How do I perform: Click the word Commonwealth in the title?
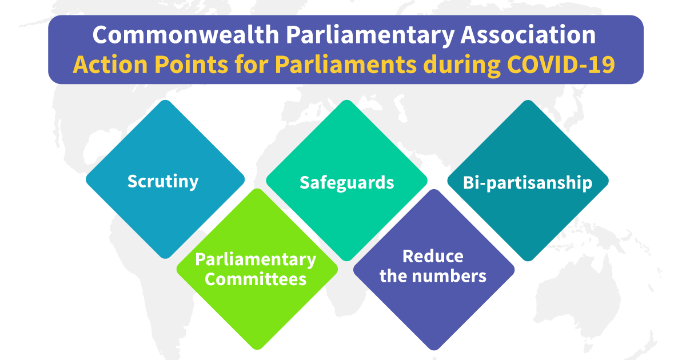[186, 35]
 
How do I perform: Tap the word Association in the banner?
[528, 35]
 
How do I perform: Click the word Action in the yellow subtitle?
[110, 65]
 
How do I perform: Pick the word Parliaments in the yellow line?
[346, 65]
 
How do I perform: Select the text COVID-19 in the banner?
[561, 65]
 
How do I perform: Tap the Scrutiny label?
[163, 182]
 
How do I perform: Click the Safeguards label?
[346, 183]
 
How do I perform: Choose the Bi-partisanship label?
[528, 183]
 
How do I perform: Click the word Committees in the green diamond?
[256, 279]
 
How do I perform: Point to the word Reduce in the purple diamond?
[433, 256]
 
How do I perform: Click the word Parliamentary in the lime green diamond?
[256, 260]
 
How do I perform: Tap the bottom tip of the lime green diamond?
[257, 350]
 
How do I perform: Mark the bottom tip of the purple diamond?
[434, 350]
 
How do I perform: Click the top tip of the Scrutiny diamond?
[165, 100]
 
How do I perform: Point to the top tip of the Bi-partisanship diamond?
[528, 100]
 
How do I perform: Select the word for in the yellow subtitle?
[252, 65]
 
